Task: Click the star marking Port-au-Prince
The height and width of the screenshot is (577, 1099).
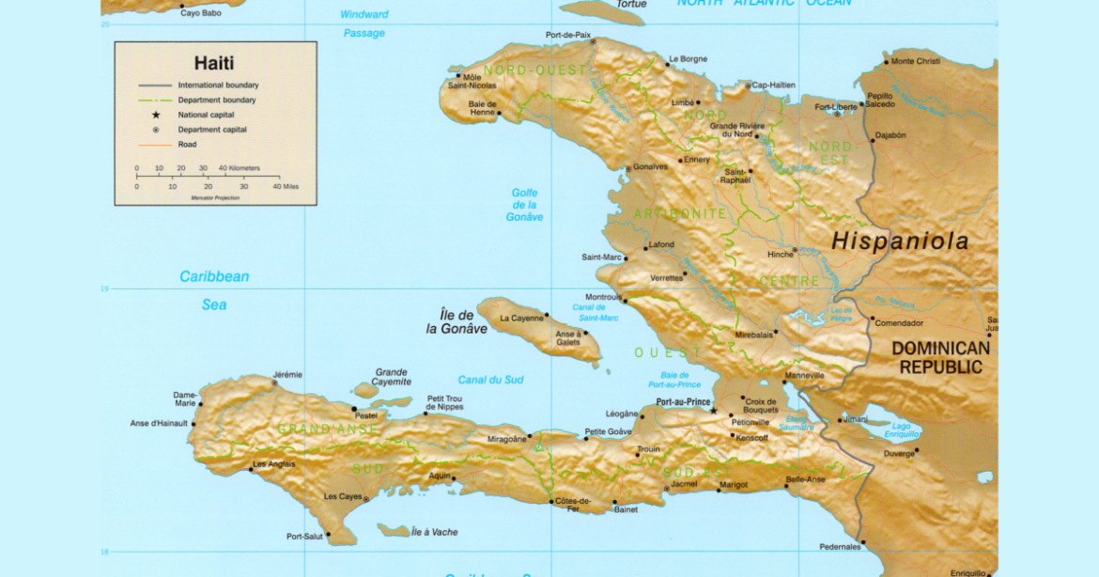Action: point(714,411)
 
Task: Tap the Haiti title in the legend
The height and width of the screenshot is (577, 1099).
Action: point(214,63)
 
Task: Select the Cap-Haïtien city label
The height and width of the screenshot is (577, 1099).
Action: point(773,86)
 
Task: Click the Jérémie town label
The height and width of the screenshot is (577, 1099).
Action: point(287,375)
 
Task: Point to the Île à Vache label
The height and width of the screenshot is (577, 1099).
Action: point(435,532)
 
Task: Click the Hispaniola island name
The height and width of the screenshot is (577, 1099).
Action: point(899,242)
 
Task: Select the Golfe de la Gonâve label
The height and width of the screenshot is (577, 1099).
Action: point(524,205)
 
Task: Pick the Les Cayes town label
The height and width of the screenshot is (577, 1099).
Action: point(343,496)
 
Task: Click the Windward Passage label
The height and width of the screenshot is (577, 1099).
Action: point(364,23)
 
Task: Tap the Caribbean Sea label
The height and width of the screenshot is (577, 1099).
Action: point(215,289)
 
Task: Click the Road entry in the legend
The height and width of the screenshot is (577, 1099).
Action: point(188,145)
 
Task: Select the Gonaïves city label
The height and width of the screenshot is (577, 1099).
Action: point(650,167)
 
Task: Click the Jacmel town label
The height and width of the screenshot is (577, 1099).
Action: point(685,485)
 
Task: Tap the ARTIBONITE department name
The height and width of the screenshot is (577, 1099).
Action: point(680,214)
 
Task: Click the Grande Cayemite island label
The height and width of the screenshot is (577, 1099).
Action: point(392,377)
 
